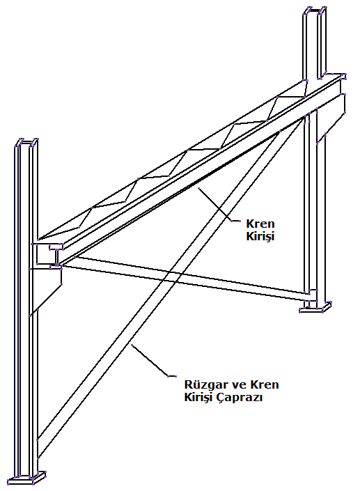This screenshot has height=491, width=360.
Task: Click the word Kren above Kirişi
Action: (x=260, y=224)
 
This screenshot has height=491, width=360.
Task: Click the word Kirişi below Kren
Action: (x=260, y=236)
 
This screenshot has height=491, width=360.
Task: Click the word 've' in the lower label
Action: (x=233, y=385)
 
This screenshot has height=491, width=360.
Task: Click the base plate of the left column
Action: (x=27, y=478)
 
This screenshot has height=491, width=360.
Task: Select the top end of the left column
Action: (x=26, y=142)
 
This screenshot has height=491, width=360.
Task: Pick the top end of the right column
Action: (x=315, y=9)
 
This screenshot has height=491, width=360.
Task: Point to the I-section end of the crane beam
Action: (x=56, y=256)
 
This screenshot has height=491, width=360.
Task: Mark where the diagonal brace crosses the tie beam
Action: (x=171, y=277)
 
